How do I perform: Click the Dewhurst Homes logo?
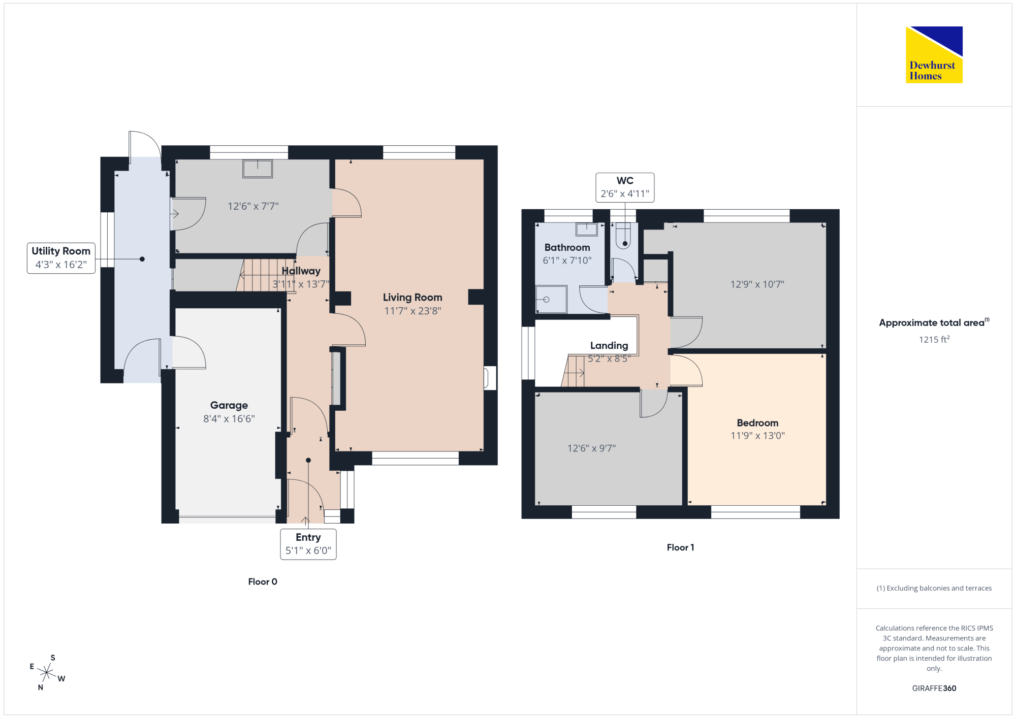(934, 54)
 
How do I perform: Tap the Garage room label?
(229, 405)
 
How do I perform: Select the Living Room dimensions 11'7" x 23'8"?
(412, 311)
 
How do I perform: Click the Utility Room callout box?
(61, 258)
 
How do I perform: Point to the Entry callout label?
(308, 544)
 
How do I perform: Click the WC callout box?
(625, 187)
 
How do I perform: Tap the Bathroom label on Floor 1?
(567, 247)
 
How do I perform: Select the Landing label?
(609, 346)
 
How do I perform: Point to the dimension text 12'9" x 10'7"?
(757, 284)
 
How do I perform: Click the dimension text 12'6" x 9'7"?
(592, 448)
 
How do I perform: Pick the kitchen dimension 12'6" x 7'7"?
(253, 206)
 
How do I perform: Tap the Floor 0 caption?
(263, 582)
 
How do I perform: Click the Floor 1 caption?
(681, 547)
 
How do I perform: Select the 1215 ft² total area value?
(934, 339)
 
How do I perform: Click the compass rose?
(47, 673)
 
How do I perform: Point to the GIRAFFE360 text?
(934, 689)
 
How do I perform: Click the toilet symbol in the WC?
(623, 236)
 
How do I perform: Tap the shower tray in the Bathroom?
(551, 300)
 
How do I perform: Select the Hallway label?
(301, 271)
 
